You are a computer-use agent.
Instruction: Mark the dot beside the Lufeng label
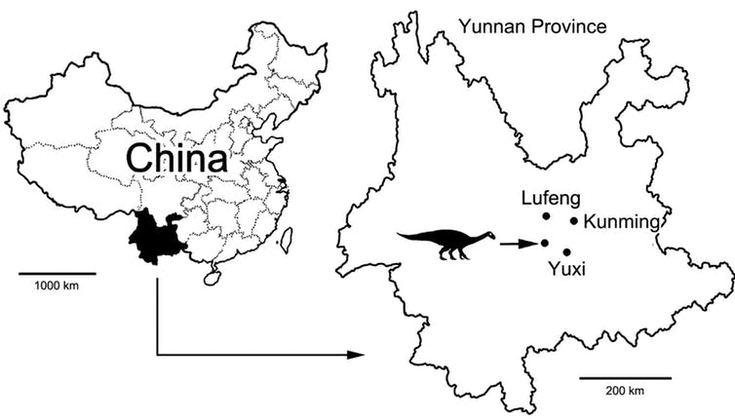click(x=547, y=215)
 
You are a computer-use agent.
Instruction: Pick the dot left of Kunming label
click(x=574, y=221)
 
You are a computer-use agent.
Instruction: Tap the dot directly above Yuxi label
click(x=567, y=251)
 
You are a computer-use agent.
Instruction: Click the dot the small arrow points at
click(x=544, y=243)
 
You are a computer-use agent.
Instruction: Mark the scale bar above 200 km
click(x=625, y=376)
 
